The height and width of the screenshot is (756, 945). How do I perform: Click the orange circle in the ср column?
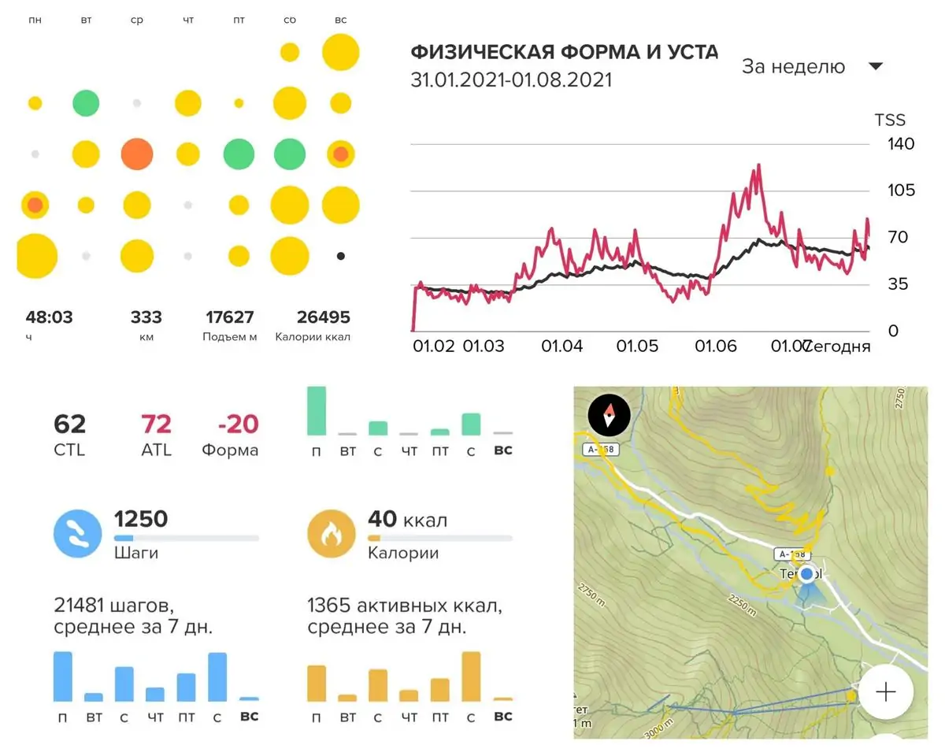tap(136, 154)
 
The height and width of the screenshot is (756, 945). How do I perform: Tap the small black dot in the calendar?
tap(340, 256)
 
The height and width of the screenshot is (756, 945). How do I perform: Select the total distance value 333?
tap(146, 317)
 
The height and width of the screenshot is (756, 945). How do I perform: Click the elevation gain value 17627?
tap(230, 317)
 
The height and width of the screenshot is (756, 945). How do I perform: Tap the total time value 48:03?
tap(49, 317)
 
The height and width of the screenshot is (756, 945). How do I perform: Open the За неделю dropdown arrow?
tap(876, 67)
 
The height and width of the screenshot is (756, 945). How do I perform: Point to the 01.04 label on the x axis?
tap(562, 346)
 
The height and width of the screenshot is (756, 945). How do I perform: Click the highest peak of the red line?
tap(758, 165)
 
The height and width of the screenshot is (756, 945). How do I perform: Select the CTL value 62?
tap(69, 424)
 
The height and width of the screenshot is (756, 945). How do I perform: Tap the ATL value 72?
tap(156, 424)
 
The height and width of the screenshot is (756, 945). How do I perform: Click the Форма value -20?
tap(238, 424)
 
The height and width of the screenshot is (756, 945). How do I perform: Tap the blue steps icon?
tap(77, 532)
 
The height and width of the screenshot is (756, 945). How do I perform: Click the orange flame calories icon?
tap(331, 532)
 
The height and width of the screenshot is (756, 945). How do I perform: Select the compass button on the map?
tap(608, 413)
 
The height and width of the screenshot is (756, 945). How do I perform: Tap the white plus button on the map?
tap(886, 692)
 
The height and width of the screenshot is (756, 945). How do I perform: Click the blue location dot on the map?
tap(806, 574)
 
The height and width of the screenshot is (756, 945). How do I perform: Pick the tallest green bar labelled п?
tap(317, 410)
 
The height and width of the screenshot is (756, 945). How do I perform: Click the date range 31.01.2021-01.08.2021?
tap(511, 80)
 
